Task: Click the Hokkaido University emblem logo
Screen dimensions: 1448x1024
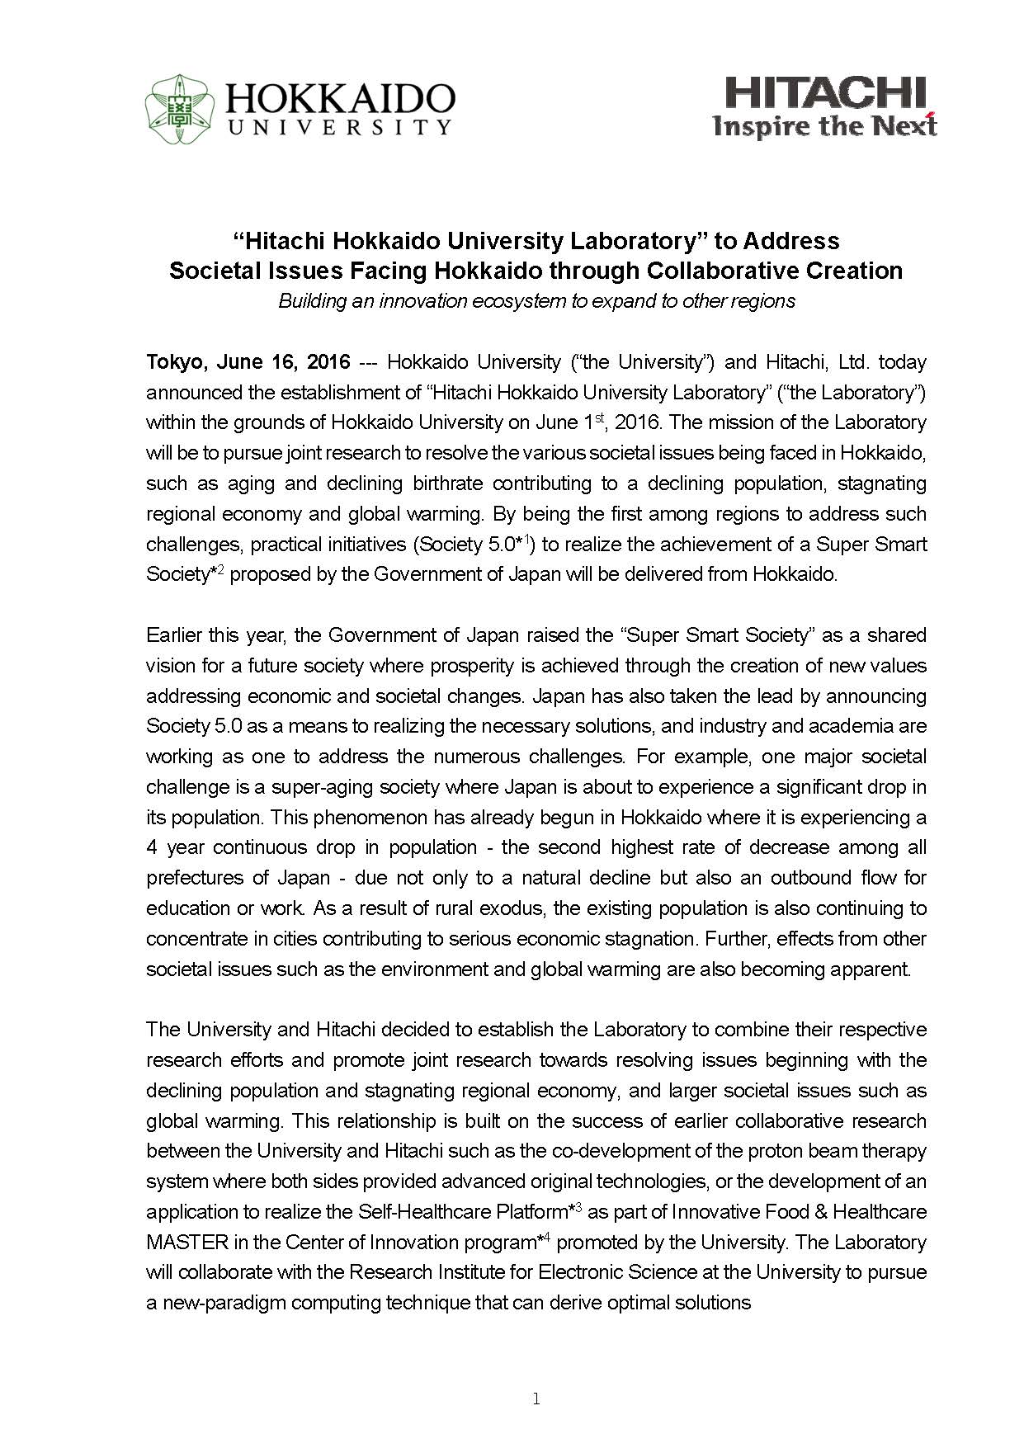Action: pos(179,109)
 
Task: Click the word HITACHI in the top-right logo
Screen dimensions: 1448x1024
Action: pos(825,93)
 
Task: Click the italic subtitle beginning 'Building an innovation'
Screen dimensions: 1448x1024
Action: pos(536,300)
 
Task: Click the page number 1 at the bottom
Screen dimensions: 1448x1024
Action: pos(536,1398)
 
